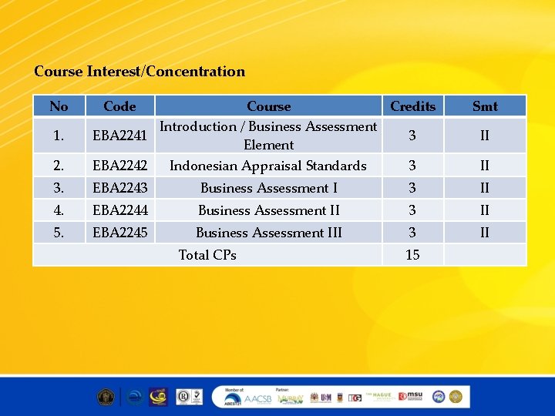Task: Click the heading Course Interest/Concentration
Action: (140, 72)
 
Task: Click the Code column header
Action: (119, 106)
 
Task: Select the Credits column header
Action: (412, 106)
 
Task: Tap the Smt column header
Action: (485, 106)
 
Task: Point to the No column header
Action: (59, 106)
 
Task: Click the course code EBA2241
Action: (119, 136)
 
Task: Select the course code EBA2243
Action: (119, 188)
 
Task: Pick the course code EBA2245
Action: (119, 233)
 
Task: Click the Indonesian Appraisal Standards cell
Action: (268, 166)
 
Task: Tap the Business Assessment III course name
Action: (268, 233)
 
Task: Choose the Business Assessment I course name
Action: (268, 188)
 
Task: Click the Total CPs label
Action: (207, 255)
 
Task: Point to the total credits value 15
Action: (412, 255)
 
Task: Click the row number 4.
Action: (59, 210)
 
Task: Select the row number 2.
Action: (59, 166)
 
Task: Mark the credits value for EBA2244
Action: (412, 210)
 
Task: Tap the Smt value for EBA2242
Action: (485, 166)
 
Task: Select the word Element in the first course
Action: (268, 145)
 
